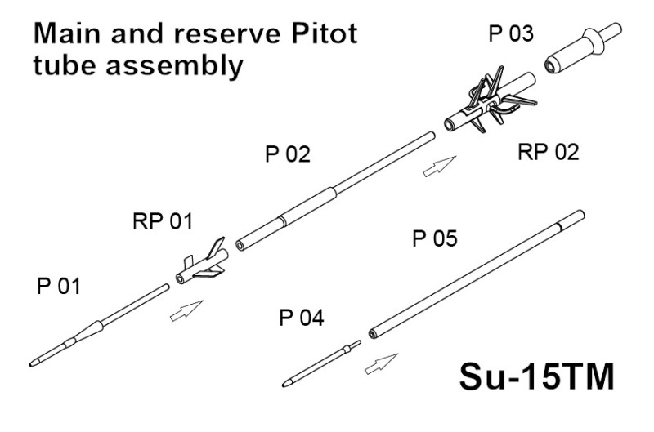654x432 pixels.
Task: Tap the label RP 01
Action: coord(164,221)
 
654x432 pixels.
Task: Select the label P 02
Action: coord(288,154)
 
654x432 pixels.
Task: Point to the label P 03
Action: coord(511,34)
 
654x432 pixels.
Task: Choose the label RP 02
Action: coord(549,152)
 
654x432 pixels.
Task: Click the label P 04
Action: coord(301,318)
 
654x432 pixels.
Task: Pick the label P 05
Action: coord(434,239)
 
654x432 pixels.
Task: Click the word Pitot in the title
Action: coord(314,35)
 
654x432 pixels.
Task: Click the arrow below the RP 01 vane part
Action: coord(186,311)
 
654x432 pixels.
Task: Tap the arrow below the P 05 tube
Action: coord(380,363)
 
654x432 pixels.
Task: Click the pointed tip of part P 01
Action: coord(33,361)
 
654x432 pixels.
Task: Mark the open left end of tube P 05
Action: coord(373,332)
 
